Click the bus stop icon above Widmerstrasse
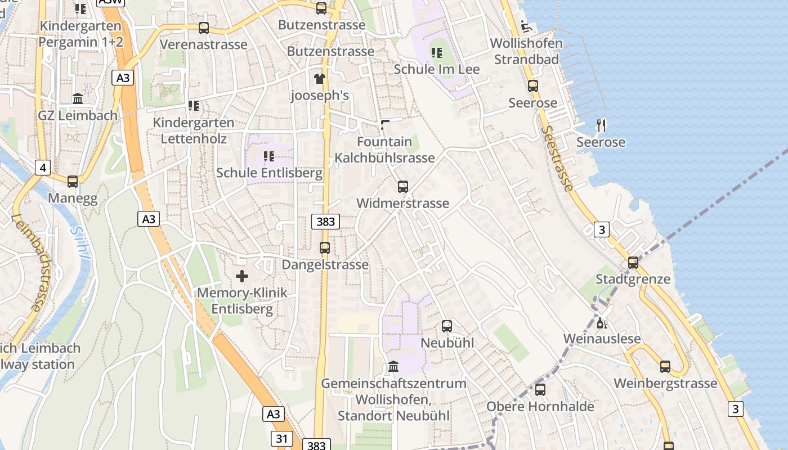tap(402, 187)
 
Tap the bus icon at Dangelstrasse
tap(325, 248)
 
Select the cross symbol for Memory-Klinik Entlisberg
tap(242, 276)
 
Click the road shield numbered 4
tap(42, 167)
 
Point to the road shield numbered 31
tap(282, 438)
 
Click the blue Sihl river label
tap(80, 242)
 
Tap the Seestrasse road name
tap(558, 159)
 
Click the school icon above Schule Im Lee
tap(436, 53)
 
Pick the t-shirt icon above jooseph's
tap(320, 79)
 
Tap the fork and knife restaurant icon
tap(601, 125)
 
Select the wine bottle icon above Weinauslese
tap(602, 323)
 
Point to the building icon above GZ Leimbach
tap(78, 99)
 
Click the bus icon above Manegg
tap(73, 182)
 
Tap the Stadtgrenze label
tap(633, 279)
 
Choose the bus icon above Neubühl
tap(447, 326)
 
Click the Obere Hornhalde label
tap(540, 406)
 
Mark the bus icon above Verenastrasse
tap(204, 28)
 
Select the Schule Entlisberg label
tap(269, 173)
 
